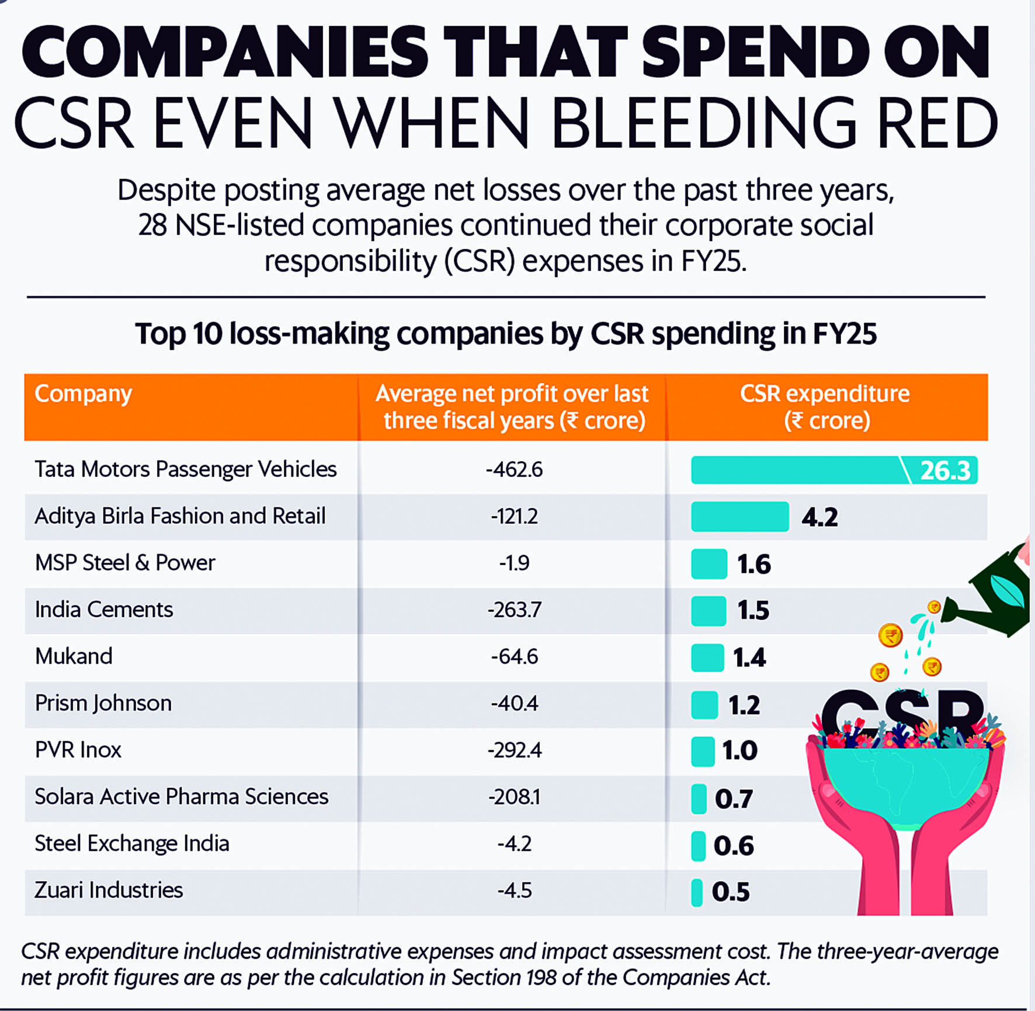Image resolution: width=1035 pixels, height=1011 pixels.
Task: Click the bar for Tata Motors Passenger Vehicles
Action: pos(834,470)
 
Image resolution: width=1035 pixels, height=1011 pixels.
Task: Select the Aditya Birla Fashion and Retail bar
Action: pos(740,517)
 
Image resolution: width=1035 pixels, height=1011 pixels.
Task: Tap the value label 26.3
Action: pos(945,470)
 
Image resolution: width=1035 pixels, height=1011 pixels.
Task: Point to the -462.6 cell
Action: pos(514,469)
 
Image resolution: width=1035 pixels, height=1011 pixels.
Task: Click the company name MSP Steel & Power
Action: pos(125,563)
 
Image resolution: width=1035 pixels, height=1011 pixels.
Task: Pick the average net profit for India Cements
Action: pos(515,610)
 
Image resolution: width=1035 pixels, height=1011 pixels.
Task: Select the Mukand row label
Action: pos(74,656)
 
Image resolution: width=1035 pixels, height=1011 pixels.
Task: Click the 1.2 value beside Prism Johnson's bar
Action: pos(744,705)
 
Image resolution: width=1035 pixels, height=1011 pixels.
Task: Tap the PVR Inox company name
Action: pos(78,750)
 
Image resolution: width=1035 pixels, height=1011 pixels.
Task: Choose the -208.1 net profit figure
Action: pos(515,797)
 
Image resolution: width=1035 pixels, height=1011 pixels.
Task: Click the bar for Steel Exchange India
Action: pos(698,846)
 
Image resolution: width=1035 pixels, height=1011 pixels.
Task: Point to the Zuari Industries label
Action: pos(109,890)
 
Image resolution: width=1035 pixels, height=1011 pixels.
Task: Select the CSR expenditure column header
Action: pos(825,407)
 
